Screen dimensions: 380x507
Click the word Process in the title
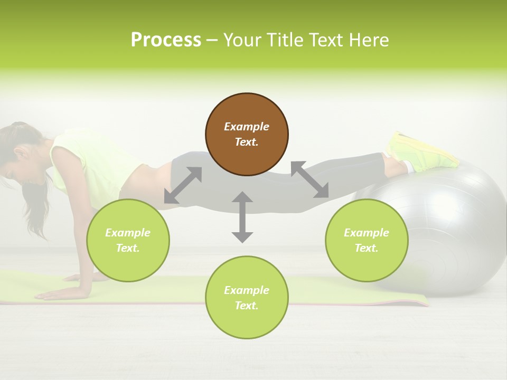coord(166,40)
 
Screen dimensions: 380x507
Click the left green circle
coord(128,240)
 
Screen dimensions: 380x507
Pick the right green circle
coord(367,240)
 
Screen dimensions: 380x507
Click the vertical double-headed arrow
coord(242,217)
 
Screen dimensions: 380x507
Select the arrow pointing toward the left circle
coord(183,185)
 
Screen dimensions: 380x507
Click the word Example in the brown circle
coord(247,127)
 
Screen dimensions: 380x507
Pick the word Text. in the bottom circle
coord(247,306)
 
